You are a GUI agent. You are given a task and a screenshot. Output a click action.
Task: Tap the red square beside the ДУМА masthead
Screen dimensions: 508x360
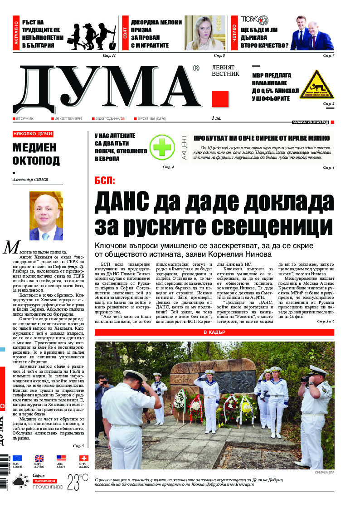[220, 99]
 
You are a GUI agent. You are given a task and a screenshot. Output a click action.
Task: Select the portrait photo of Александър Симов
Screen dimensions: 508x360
[46, 215]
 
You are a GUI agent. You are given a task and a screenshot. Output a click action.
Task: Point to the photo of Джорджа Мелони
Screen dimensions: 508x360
[204, 33]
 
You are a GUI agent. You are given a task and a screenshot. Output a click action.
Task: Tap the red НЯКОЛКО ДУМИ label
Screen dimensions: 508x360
[33, 134]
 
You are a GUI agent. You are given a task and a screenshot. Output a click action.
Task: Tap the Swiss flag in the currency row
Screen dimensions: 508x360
[83, 459]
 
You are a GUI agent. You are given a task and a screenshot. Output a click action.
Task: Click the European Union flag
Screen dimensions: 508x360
[17, 459]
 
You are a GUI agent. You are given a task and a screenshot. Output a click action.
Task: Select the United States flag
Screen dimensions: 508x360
[61, 459]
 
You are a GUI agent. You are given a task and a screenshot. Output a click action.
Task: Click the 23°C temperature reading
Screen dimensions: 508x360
[78, 481]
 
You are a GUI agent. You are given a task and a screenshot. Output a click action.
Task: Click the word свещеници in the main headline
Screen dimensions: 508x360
[270, 225]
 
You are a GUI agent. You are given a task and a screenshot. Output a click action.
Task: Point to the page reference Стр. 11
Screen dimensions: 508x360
[110, 55]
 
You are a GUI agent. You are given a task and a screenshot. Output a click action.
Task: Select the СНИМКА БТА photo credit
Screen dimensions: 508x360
[323, 473]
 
